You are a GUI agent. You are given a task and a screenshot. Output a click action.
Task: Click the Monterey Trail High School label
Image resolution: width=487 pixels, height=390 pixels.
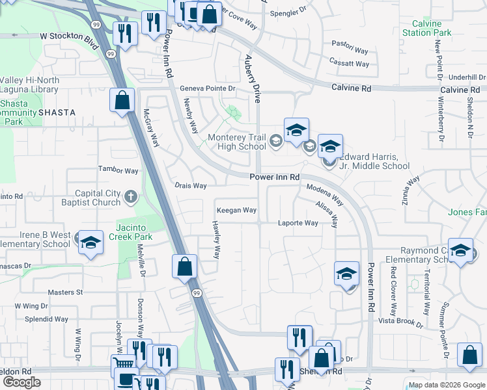click(x=237, y=142)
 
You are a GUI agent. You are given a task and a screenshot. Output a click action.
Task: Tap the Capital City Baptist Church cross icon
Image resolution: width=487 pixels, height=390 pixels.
click(x=130, y=195)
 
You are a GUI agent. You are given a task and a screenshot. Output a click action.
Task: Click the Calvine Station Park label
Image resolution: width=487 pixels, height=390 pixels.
click(x=426, y=28)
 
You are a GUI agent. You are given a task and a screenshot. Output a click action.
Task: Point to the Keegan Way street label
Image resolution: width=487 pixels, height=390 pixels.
click(x=237, y=211)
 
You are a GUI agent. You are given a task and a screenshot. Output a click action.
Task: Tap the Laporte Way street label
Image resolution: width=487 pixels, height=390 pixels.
click(x=299, y=223)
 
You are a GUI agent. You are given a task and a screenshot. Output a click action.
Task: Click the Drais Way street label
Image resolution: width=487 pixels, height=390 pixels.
click(x=191, y=186)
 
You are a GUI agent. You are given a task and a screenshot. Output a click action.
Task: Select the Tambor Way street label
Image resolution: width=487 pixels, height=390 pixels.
click(x=118, y=171)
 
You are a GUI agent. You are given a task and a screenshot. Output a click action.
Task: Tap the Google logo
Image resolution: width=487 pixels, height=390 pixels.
click(x=21, y=382)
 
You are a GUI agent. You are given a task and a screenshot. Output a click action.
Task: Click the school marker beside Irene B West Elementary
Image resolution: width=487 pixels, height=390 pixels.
click(x=90, y=242)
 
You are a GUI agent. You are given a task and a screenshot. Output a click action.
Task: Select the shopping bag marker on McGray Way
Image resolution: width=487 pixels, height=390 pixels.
click(x=122, y=100)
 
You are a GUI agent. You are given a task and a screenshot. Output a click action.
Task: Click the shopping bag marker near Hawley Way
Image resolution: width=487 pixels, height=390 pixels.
click(x=185, y=265)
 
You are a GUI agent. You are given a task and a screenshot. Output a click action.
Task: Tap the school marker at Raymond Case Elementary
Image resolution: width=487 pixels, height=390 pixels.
click(x=460, y=252)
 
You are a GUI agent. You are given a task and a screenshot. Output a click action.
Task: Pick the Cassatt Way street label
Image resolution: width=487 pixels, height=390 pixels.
click(x=350, y=64)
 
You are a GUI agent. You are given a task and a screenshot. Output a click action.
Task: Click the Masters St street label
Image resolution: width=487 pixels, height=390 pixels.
click(x=65, y=292)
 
